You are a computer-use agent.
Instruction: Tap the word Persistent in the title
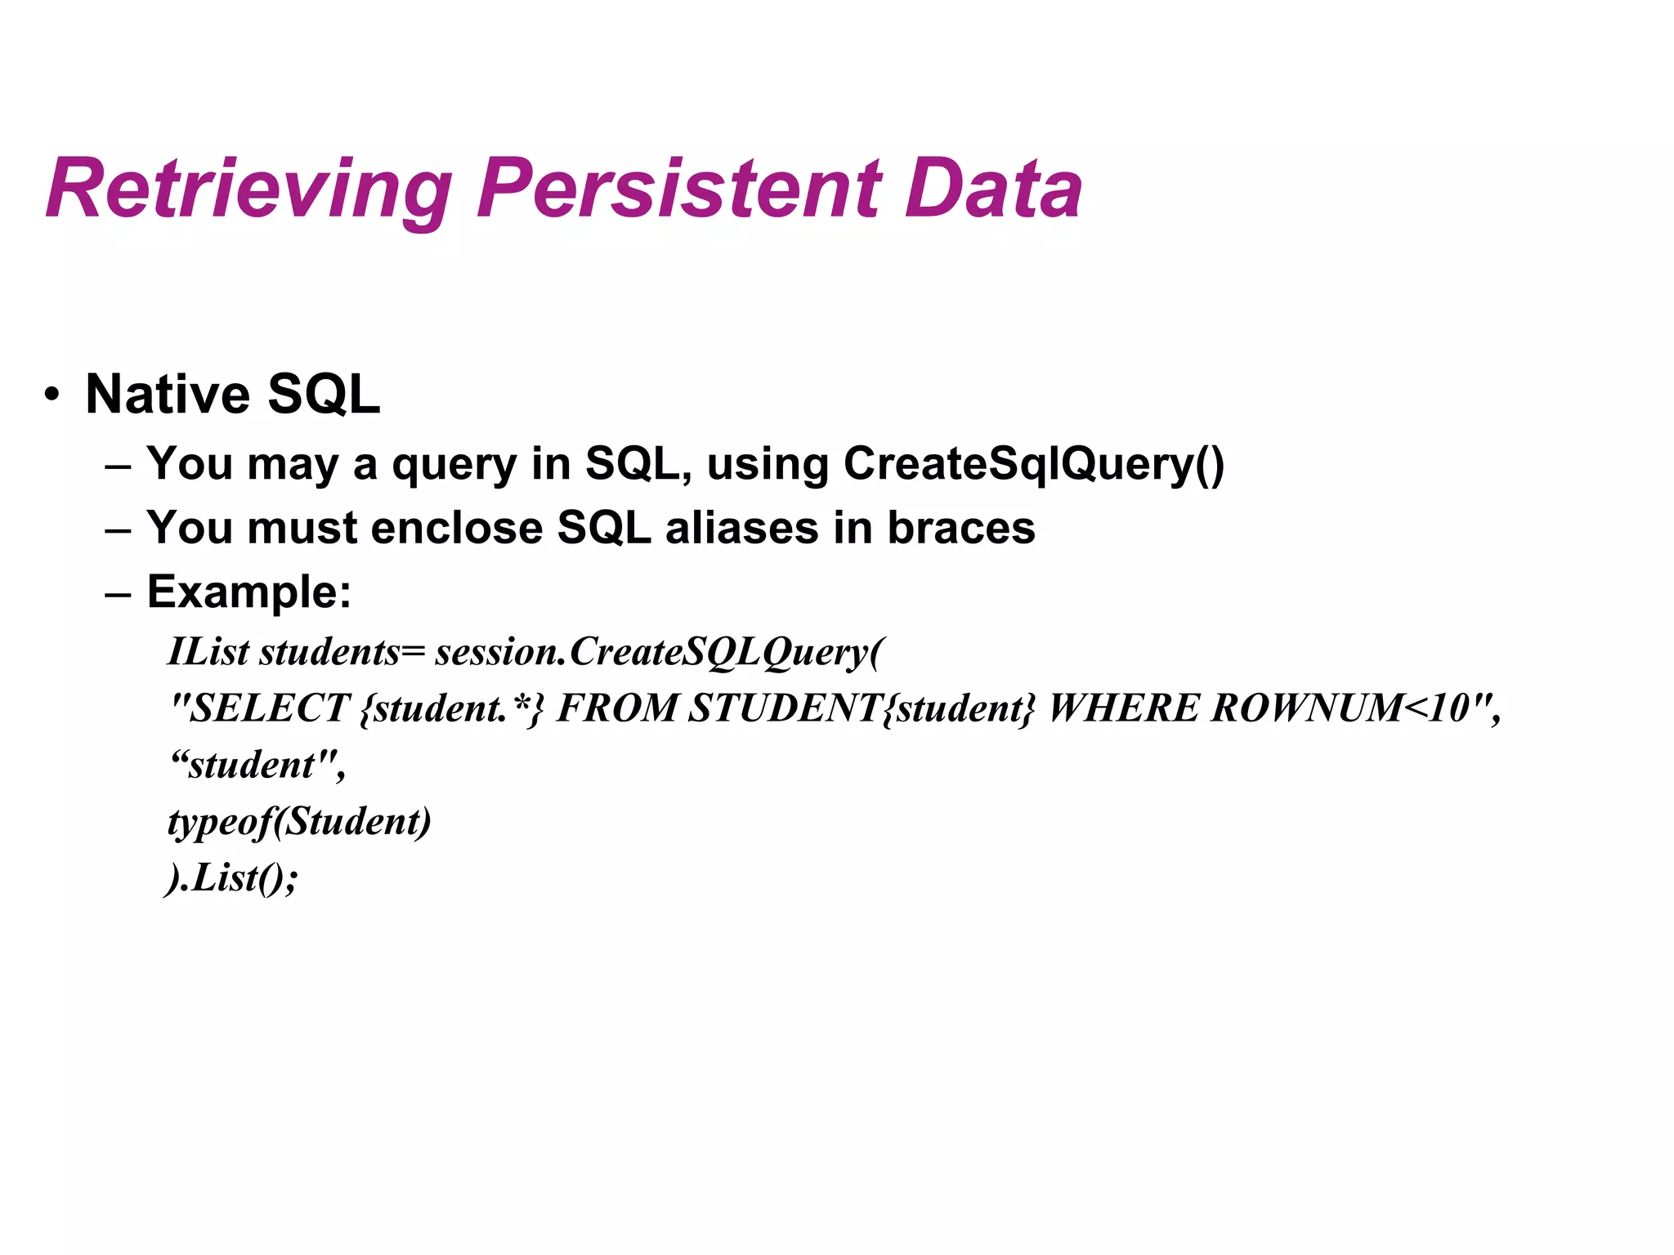679,190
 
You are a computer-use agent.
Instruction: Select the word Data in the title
993,190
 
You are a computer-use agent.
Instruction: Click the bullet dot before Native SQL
52,395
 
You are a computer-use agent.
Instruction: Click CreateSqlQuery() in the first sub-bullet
1033,464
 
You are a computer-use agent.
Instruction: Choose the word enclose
457,528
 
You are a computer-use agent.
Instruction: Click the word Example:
248,592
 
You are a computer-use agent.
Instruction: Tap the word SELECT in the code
270,708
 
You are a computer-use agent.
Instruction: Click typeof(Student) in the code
299,822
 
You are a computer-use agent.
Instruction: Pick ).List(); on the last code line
231,878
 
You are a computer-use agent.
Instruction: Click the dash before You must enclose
118,529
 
